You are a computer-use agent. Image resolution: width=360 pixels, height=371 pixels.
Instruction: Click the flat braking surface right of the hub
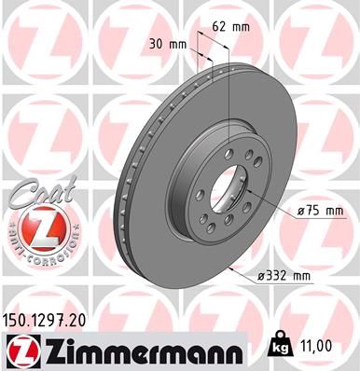(280, 158)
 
